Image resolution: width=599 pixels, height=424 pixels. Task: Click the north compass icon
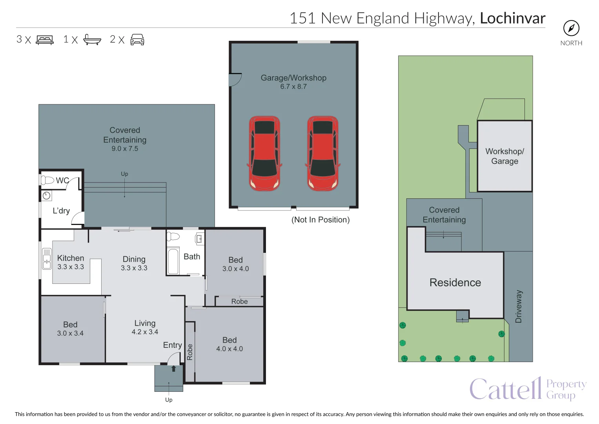pos(571,28)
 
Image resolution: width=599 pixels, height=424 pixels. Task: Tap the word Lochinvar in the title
pos(513,18)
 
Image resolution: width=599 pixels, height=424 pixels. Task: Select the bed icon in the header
pos(45,40)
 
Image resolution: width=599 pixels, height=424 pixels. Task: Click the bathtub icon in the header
pos(92,40)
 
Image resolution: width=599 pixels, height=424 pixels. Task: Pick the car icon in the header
pos(137,40)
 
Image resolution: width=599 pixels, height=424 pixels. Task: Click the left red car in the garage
pos(264,154)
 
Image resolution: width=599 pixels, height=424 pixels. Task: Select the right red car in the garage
pos(323,154)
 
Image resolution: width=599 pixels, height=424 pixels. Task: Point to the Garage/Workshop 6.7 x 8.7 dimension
pos(293,86)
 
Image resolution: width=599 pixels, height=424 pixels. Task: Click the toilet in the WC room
pos(47,180)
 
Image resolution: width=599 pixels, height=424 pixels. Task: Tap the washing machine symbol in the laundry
pos(47,196)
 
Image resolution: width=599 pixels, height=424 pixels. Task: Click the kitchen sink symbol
pos(47,259)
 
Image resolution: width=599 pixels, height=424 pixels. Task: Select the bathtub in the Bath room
pos(173,261)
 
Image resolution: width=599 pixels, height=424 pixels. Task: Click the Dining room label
pos(134,259)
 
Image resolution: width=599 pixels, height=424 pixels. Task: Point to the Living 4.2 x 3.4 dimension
pos(145,332)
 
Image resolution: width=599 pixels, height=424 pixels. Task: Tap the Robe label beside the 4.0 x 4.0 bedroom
pos(189,352)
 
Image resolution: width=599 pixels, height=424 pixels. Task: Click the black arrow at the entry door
pos(173,369)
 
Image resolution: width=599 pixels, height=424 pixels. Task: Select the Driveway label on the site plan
pos(518,307)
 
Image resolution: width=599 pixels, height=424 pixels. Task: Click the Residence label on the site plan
pos(455,282)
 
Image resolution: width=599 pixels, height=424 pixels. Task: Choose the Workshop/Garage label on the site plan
pos(504,156)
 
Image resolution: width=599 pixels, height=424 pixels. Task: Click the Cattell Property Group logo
pos(528,388)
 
